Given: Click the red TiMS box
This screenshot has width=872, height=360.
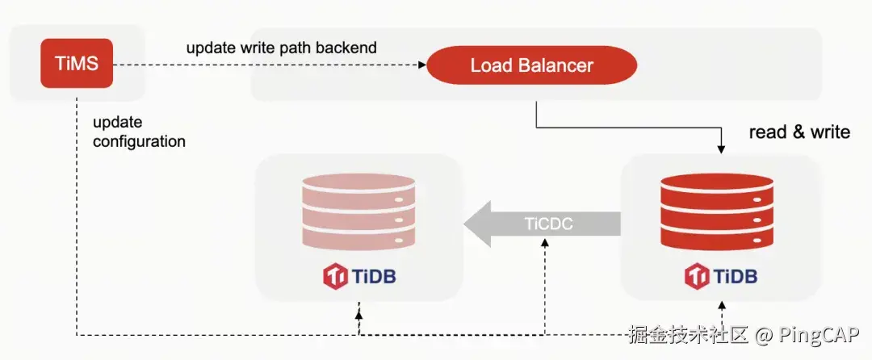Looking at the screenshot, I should pyautogui.click(x=77, y=63).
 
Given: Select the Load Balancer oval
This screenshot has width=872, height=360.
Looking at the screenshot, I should pyautogui.click(x=531, y=66).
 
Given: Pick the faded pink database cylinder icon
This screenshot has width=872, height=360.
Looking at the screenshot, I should pyautogui.click(x=358, y=211).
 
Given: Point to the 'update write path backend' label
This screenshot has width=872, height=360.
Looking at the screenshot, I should pyautogui.click(x=281, y=48).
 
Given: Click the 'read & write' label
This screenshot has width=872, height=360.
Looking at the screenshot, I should pyautogui.click(x=799, y=132).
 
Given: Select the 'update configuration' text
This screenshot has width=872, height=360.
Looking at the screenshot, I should pyautogui.click(x=139, y=132).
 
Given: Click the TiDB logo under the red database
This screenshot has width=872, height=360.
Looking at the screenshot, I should pyautogui.click(x=721, y=277).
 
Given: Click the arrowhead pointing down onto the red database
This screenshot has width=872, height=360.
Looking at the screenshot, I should pyautogui.click(x=722, y=149).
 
